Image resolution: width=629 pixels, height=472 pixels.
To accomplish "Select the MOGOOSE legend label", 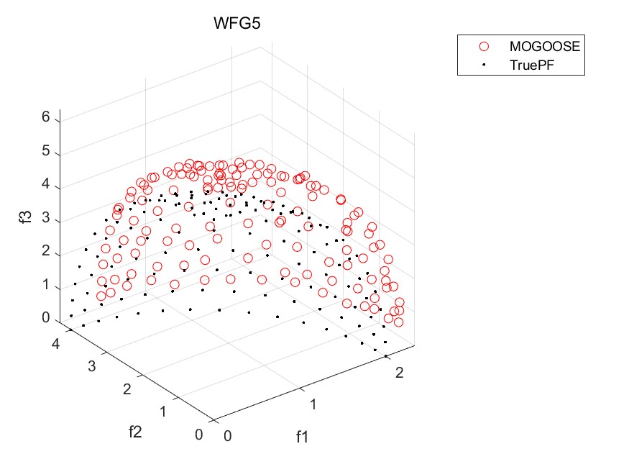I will click(x=543, y=46).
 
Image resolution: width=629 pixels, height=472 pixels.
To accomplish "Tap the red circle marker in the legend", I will click(x=484, y=46).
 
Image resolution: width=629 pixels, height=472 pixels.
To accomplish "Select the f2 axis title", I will click(x=135, y=432).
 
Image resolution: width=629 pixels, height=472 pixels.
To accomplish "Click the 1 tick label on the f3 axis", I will click(x=45, y=286).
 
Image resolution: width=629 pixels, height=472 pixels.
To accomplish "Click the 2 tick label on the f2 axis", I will click(x=128, y=389).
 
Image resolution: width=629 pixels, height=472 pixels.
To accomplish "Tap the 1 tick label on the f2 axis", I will click(x=164, y=412).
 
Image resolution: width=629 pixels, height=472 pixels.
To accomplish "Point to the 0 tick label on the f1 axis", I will click(x=227, y=436).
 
